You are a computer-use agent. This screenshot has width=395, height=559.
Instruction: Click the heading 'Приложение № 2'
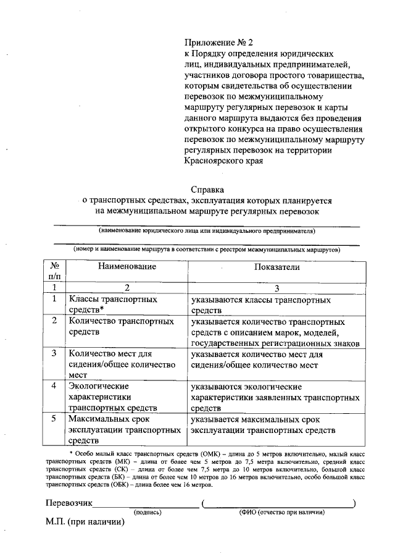[219, 43]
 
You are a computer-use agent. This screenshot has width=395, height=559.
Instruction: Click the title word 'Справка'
[207, 190]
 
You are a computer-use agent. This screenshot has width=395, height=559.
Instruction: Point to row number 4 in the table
[54, 386]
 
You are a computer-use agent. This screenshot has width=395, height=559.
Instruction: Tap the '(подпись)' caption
[148, 512]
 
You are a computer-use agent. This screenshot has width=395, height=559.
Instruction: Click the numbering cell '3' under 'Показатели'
[276, 287]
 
